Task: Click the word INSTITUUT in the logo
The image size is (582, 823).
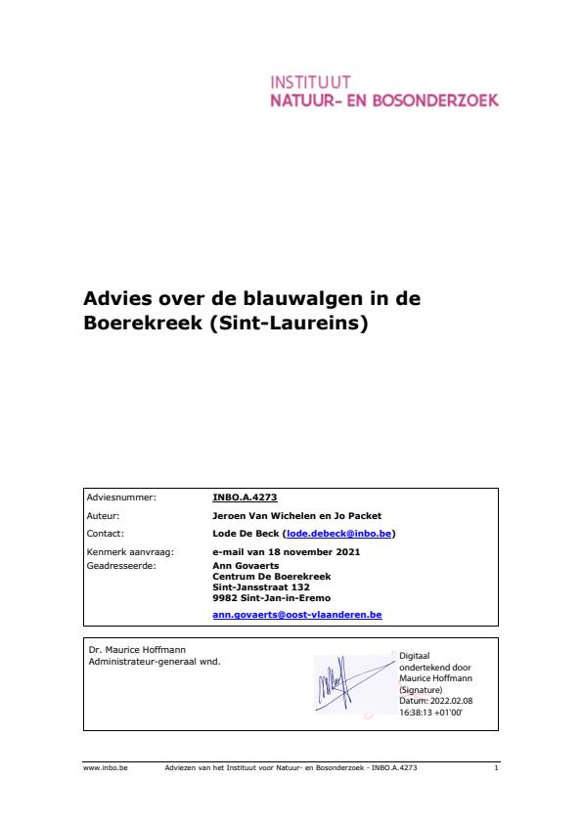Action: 311,81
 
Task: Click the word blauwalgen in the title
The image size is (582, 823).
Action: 295,299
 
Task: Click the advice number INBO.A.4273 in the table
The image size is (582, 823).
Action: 245,498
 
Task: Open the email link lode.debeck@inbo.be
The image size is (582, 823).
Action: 338,534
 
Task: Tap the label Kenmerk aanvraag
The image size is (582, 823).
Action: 123,552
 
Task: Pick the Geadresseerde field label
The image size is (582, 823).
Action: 120,564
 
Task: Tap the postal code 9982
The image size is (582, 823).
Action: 224,597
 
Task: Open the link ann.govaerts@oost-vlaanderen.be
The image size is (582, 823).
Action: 296,615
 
